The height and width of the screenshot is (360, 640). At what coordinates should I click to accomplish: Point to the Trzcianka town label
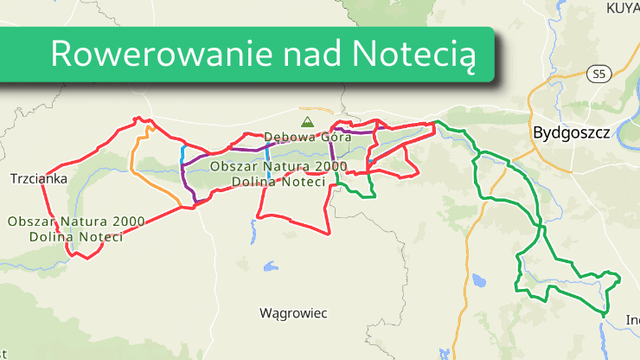(38, 179)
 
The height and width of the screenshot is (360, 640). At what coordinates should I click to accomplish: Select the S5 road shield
(598, 74)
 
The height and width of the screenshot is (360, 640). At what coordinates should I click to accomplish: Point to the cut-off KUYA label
(621, 8)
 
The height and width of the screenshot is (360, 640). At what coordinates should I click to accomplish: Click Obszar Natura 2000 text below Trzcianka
(75, 220)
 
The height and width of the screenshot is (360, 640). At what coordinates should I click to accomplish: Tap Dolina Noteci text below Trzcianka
(76, 237)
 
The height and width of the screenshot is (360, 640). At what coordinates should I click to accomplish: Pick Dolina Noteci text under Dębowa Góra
(277, 182)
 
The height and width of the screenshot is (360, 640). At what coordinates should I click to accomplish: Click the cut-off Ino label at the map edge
(631, 319)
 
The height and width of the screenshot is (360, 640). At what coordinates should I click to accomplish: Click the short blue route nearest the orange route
(182, 157)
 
